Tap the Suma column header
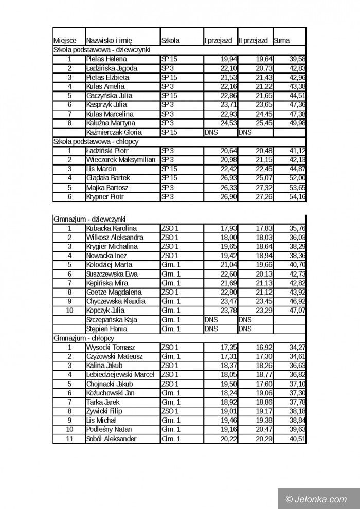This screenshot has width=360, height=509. coord(281,40)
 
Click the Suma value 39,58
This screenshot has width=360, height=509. coord(297,59)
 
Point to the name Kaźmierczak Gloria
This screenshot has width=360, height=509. coord(114,132)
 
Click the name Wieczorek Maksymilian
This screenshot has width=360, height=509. coord(121,160)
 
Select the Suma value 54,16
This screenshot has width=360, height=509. coord(297,197)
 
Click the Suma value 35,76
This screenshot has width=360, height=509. coord(297,228)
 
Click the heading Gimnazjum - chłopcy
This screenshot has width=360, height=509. coord(83,338)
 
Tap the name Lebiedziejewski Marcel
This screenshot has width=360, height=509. coord(120,374)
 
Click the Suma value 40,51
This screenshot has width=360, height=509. coord(297,439)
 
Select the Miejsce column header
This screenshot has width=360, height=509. coord(65,40)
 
